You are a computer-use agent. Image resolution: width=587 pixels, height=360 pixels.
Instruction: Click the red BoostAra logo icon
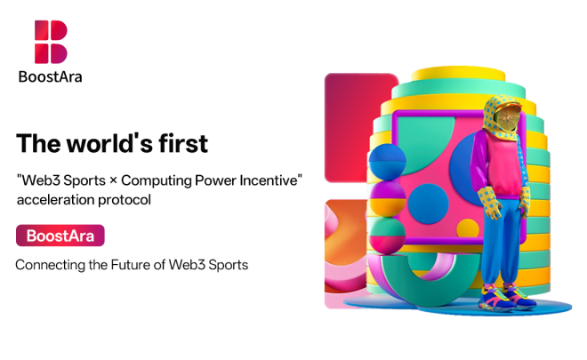51,42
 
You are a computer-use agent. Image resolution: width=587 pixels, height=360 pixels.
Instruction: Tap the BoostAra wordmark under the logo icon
51,76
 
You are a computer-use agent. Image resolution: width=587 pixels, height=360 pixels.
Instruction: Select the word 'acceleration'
53,200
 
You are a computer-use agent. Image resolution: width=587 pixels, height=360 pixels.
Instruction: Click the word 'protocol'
123,200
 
